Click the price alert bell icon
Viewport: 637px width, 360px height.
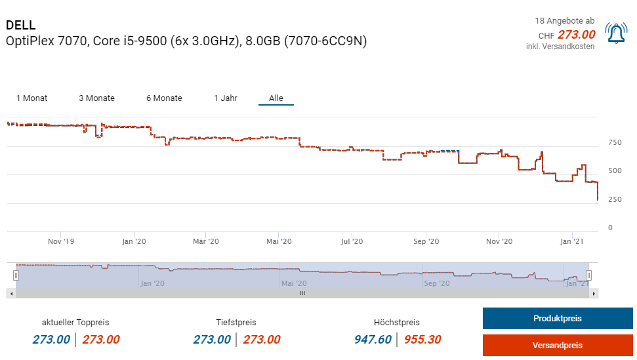tap(616, 34)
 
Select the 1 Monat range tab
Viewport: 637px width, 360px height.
tap(31, 98)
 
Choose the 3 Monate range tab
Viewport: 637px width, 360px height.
tap(96, 98)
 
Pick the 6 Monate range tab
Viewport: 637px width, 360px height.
tap(164, 98)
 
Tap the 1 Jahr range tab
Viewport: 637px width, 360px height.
tap(225, 98)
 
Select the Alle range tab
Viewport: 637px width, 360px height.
tap(276, 98)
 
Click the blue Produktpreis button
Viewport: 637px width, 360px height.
tap(557, 319)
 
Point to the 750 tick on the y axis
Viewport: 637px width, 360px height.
tap(615, 142)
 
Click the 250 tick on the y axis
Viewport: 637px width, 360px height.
tap(615, 199)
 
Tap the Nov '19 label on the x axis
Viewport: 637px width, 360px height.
tap(61, 241)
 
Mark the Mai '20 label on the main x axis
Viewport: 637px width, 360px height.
tap(279, 241)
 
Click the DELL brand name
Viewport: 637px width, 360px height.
tap(20, 26)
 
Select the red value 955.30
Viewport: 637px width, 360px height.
tap(422, 340)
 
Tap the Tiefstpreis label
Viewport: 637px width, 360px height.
tap(236, 323)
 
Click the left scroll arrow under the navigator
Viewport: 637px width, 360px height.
tap(11, 293)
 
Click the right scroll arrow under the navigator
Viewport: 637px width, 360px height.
tap(594, 293)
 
